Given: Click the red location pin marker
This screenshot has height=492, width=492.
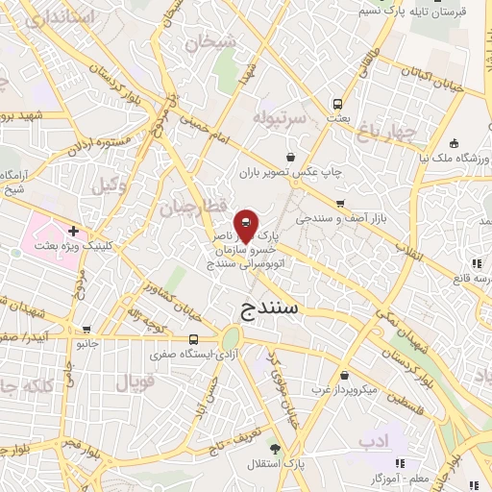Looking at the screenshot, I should [x=245, y=226].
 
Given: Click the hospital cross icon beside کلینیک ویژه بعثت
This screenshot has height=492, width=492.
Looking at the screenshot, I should [x=73, y=232].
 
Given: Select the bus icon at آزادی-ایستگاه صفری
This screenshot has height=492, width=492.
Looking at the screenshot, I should [x=193, y=339].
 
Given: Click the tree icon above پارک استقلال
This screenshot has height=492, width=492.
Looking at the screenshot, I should [x=275, y=448].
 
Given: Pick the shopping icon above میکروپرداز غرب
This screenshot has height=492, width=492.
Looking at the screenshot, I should [x=344, y=376].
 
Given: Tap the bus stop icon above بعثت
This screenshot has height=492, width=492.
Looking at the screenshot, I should [x=337, y=103].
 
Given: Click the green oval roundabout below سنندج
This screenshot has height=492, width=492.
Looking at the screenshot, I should [x=231, y=339].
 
